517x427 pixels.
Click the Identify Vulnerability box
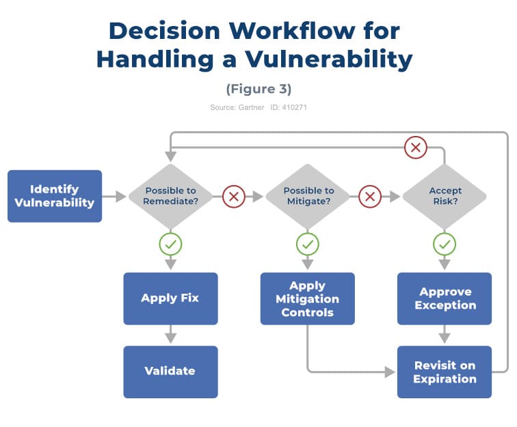(55, 196)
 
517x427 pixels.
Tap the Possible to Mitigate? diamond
(308, 196)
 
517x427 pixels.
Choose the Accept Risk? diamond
(445, 196)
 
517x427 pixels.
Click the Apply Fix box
(170, 299)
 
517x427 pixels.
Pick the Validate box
(170, 372)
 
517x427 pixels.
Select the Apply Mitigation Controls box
(308, 299)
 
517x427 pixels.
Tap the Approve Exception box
(445, 299)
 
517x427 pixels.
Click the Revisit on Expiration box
(445, 372)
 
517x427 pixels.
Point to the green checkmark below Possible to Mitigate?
(308, 243)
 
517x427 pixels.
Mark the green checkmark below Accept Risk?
(445, 243)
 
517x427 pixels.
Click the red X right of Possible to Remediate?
(233, 197)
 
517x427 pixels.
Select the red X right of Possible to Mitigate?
(370, 197)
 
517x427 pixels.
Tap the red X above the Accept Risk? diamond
(415, 146)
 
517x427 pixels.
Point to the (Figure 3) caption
(258, 89)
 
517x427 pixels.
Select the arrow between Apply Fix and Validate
(170, 335)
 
